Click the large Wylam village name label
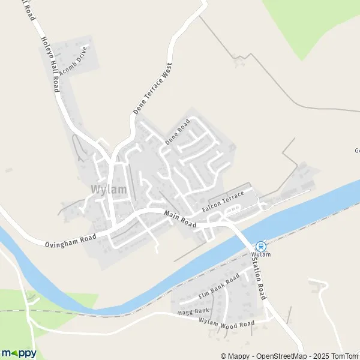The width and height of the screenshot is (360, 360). (x=109, y=190)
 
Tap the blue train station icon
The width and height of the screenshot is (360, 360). (x=261, y=245)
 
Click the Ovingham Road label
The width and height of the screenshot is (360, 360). (x=70, y=239)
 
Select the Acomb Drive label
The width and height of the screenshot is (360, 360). (x=74, y=64)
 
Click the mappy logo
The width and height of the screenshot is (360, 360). (x=19, y=353)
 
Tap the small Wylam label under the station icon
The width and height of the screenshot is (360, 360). (x=261, y=254)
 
